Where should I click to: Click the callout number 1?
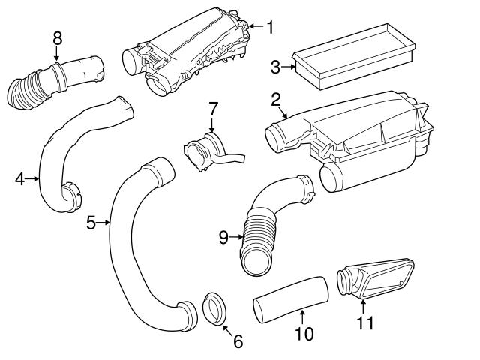pyautogui.click(x=270, y=28)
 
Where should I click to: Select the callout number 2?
pyautogui.click(x=276, y=100)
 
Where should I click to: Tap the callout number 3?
pyautogui.click(x=275, y=68)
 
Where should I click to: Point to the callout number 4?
pyautogui.click(x=20, y=178)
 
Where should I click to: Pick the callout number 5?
pyautogui.click(x=91, y=223)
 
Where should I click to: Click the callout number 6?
pyautogui.click(x=238, y=341)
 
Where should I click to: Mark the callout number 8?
pyautogui.click(x=57, y=37)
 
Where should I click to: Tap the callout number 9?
pyautogui.click(x=223, y=238)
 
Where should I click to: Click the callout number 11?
pyautogui.click(x=364, y=323)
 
